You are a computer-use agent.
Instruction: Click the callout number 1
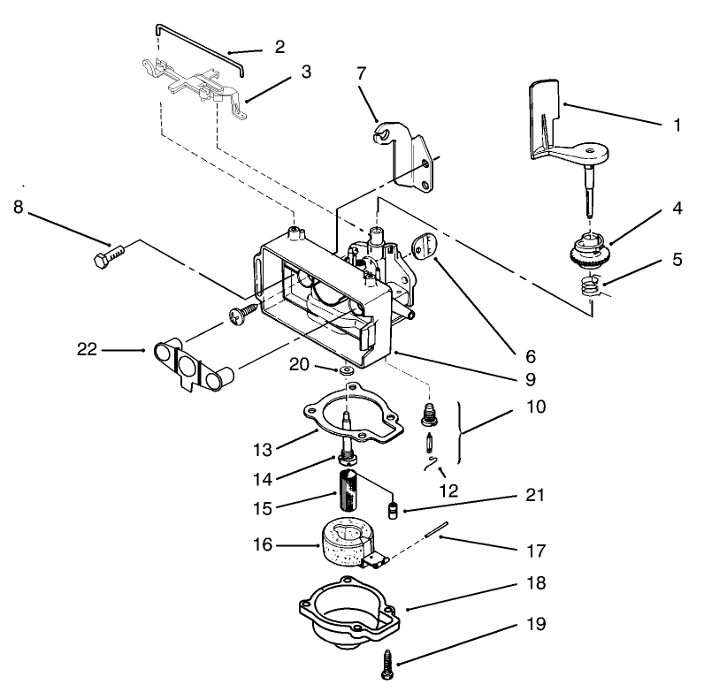tap(677, 125)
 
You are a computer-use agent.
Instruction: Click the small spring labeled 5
tap(587, 285)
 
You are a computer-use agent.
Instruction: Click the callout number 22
tap(86, 350)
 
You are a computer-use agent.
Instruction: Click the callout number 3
tap(305, 72)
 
